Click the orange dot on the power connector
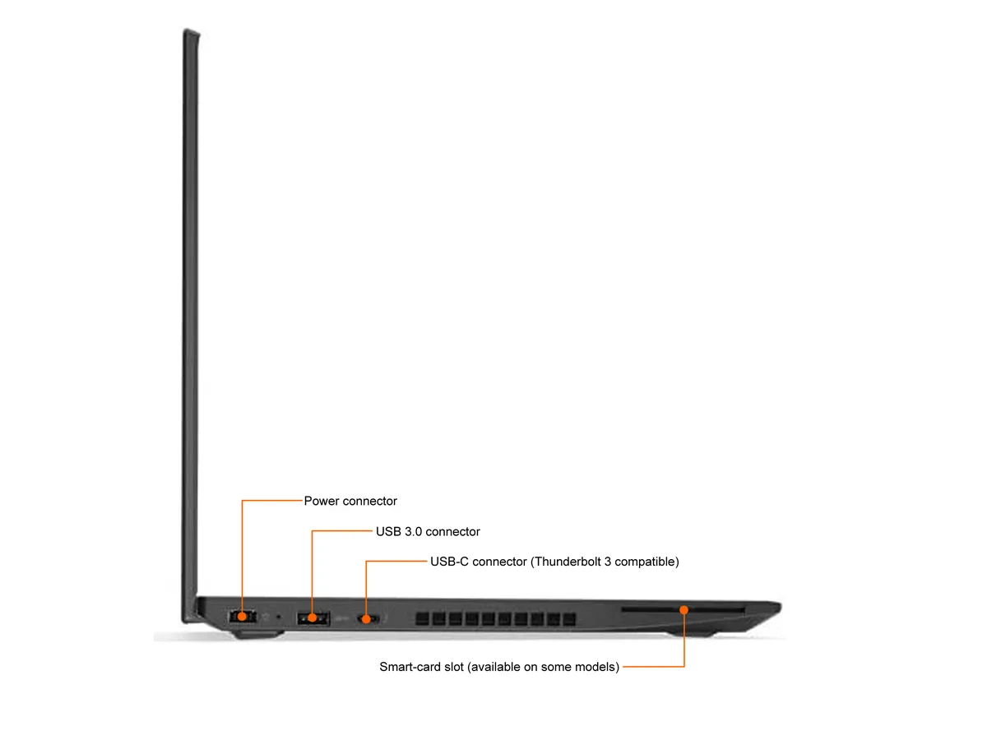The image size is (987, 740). point(242,617)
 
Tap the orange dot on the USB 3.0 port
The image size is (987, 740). point(312,618)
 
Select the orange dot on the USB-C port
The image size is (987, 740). point(367,619)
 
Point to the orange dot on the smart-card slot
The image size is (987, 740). point(684,610)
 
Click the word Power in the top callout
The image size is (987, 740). point(322,501)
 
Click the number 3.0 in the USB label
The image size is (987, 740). point(413,531)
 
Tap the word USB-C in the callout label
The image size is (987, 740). point(449,562)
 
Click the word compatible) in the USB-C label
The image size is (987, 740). point(646,562)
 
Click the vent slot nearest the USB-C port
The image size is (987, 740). point(422,618)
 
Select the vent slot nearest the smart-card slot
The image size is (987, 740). point(569,619)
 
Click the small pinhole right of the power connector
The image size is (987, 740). point(278,617)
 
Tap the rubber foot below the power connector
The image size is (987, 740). point(258,634)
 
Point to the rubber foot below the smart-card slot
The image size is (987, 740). point(690,633)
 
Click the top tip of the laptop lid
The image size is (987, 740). point(190,30)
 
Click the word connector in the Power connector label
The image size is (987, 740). point(369,501)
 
